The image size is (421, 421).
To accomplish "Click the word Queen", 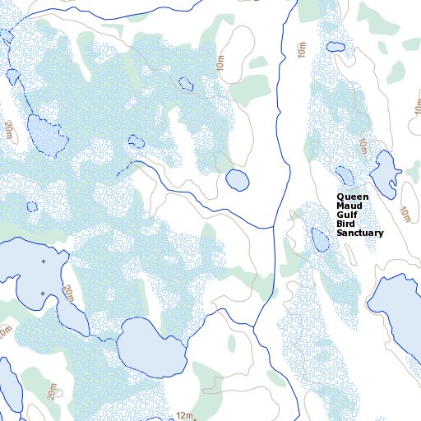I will (x=351, y=197).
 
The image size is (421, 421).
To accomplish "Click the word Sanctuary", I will (x=359, y=234).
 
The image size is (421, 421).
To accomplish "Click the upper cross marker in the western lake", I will (x=43, y=261).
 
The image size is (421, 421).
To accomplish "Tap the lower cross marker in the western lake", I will (x=43, y=293).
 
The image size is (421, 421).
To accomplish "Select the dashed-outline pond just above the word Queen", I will (x=344, y=175).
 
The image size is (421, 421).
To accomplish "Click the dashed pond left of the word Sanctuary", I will (x=320, y=239).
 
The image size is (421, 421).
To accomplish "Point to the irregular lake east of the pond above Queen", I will (x=384, y=170).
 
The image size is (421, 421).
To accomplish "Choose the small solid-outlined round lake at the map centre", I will (x=237, y=179).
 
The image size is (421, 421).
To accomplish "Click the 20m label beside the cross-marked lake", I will (x=67, y=294).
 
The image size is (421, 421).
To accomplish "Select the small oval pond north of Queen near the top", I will (x=335, y=46).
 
